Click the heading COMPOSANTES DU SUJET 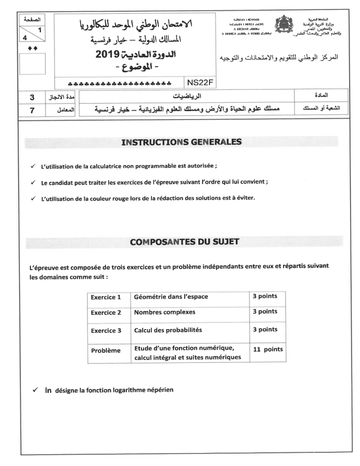point(184,242)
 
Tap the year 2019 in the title point(108,55)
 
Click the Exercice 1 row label point(106,297)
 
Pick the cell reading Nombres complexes point(165,312)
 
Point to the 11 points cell point(268,349)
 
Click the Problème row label point(105,351)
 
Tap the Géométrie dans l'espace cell point(171,297)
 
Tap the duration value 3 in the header point(32,98)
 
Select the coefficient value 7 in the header point(32,111)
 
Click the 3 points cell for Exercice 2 point(265,312)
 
